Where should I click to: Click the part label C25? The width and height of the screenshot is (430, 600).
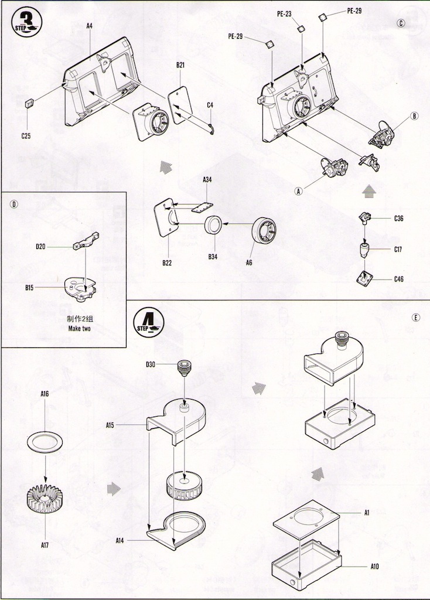point(26,136)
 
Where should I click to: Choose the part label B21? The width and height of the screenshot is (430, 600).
point(180,65)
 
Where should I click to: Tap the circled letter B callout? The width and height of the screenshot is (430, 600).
point(415,116)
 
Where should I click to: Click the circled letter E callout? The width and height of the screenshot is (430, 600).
point(415,318)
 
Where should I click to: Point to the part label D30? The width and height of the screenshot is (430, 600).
point(151,365)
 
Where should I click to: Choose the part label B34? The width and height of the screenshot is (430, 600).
point(213,256)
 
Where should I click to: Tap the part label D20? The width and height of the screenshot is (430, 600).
point(40,247)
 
